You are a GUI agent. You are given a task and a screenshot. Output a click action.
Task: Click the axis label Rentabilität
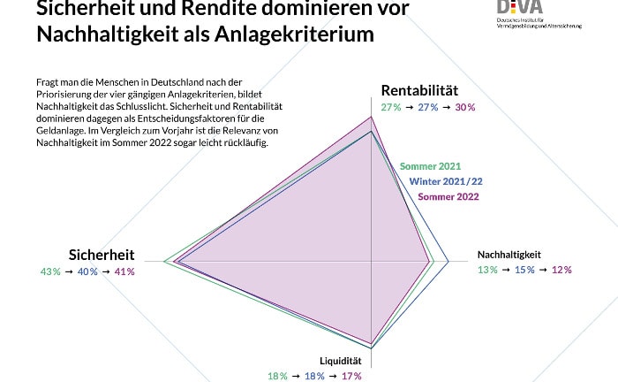(x=419, y=91)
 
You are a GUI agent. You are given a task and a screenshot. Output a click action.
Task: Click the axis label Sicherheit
(x=102, y=255)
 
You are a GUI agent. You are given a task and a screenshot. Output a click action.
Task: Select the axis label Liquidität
(x=341, y=361)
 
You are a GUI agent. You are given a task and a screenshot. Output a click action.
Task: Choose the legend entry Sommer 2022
(x=448, y=196)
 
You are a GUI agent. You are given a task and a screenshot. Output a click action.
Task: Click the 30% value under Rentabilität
(x=464, y=107)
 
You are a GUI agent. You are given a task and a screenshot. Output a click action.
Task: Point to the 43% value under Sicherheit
(x=50, y=271)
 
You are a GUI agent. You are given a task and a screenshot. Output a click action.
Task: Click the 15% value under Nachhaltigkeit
(x=524, y=270)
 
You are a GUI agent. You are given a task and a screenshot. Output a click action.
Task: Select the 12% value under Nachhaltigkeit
(x=561, y=270)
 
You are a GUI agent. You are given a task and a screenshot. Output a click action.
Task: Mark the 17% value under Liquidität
(x=350, y=376)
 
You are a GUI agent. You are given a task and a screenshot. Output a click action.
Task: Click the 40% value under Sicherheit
(x=87, y=271)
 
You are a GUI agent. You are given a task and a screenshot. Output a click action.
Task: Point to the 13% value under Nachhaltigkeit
(x=487, y=270)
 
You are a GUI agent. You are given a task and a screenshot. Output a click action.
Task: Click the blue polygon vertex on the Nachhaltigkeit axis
(x=448, y=262)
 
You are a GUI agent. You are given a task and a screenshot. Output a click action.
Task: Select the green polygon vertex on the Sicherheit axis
(x=164, y=261)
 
